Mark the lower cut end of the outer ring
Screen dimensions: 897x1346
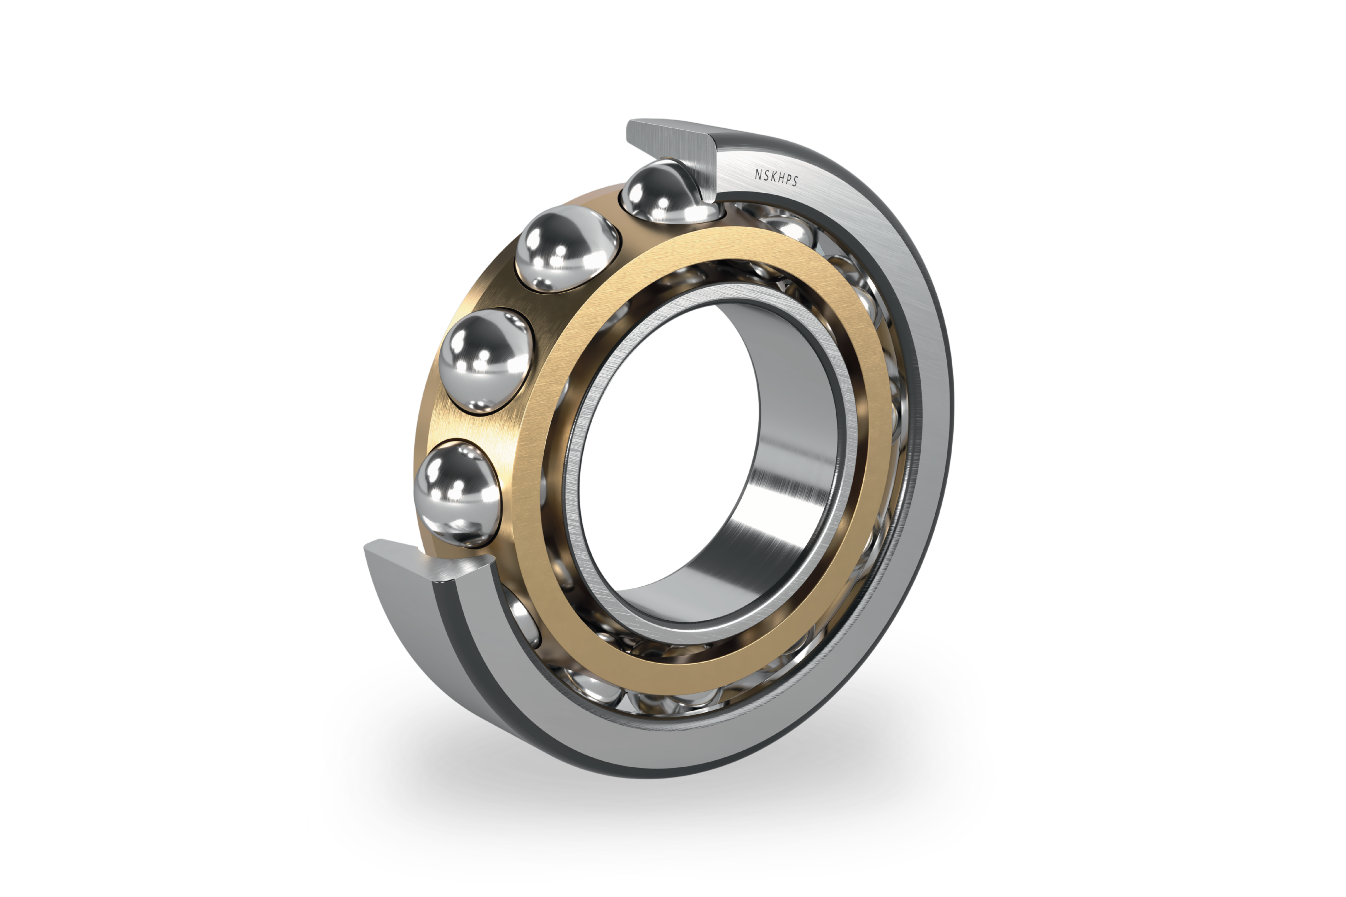click(417, 563)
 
